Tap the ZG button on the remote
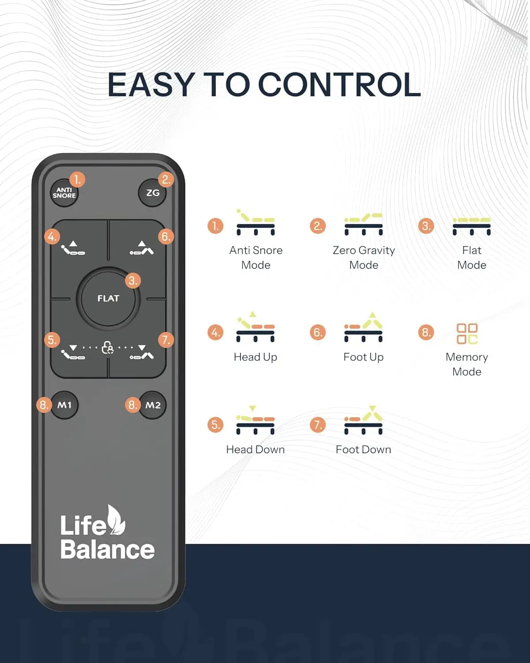click(x=152, y=193)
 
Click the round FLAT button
click(x=108, y=298)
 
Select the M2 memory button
click(x=153, y=405)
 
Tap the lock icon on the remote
click(x=107, y=347)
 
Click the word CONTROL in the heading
click(x=339, y=84)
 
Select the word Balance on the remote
click(x=107, y=550)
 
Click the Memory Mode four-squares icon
click(x=467, y=334)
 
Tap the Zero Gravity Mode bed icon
click(x=363, y=224)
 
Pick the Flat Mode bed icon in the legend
click(x=472, y=226)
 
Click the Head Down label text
click(x=255, y=450)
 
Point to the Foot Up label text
click(x=363, y=357)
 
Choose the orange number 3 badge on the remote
click(x=133, y=281)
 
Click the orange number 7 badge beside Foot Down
click(x=318, y=425)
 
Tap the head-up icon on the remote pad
click(x=73, y=248)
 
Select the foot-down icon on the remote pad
click(x=142, y=352)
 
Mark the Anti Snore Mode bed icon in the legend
click(x=255, y=222)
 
